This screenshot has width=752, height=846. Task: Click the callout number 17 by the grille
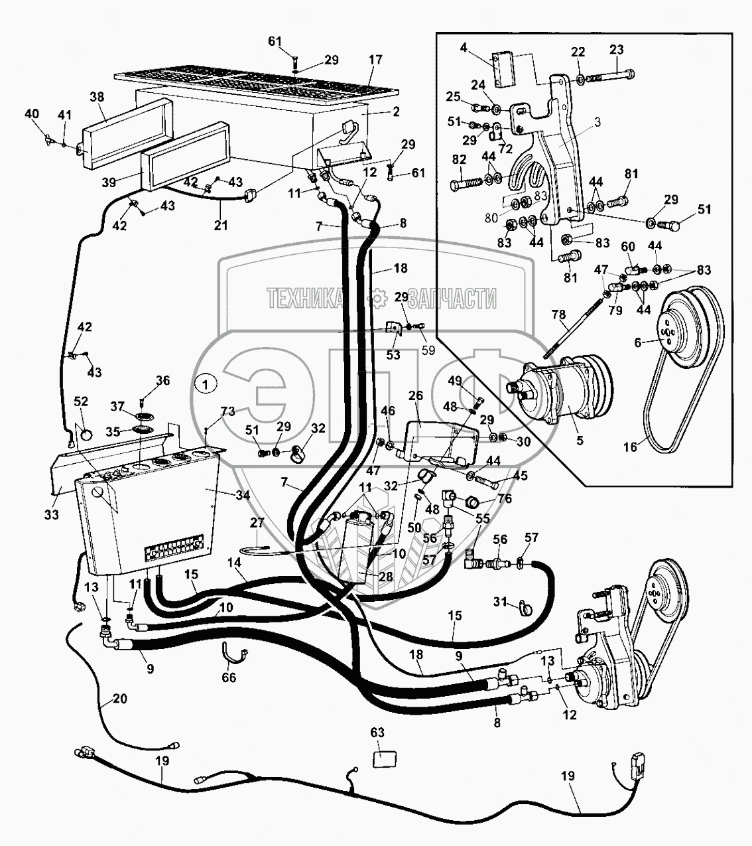coord(375,60)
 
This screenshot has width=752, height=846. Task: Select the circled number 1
coord(206,383)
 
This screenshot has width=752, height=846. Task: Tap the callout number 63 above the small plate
coord(377,733)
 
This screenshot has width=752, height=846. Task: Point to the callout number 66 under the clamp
coord(228,678)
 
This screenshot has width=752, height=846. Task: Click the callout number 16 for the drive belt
coord(629,447)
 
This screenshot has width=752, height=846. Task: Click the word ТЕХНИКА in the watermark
coord(304,299)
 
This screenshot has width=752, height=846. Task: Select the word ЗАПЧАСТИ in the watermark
coord(453,299)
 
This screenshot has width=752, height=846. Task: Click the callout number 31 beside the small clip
coord(499,602)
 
